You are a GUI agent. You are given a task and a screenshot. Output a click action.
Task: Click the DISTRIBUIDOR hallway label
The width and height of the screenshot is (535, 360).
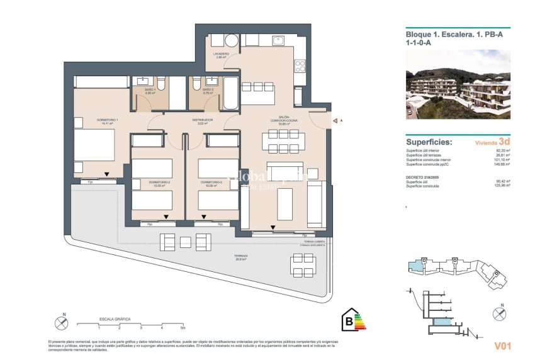tap(202, 120)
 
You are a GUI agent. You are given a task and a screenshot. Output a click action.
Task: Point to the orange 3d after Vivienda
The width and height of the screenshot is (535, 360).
tap(504, 142)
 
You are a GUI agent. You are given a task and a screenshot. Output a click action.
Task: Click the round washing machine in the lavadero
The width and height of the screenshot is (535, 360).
tap(231, 41)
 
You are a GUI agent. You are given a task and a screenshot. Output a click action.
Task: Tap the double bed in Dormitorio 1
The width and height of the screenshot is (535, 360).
tap(94, 145)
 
